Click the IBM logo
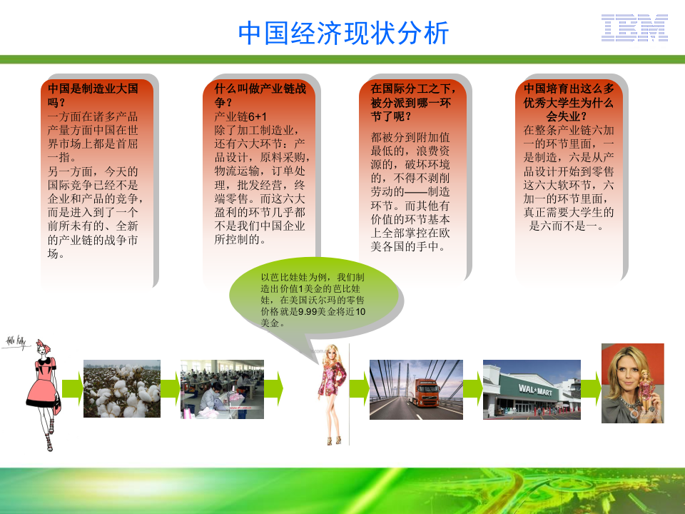click(x=634, y=28)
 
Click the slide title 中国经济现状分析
click(x=343, y=33)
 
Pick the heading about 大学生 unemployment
click(x=569, y=102)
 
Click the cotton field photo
click(x=122, y=388)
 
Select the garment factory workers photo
click(x=222, y=389)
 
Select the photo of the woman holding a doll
click(x=632, y=383)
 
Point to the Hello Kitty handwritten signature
click(x=16, y=343)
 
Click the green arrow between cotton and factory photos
click(x=170, y=389)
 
